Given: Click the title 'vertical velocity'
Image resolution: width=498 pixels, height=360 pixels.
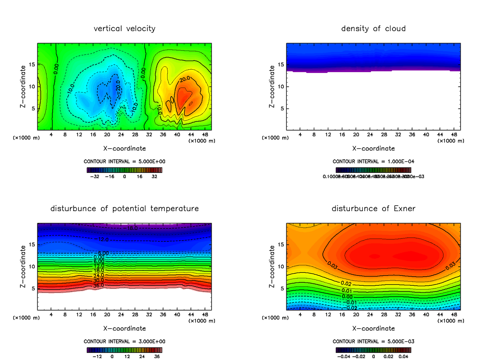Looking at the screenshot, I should [x=124, y=29].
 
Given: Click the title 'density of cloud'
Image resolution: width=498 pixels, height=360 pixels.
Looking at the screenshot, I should [x=373, y=29].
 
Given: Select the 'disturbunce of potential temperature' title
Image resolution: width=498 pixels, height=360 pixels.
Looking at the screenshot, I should [x=124, y=208].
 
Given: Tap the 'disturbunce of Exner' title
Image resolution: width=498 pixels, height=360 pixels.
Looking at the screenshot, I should [x=373, y=208].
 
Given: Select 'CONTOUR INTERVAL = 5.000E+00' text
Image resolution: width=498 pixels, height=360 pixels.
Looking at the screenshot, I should [x=124, y=161].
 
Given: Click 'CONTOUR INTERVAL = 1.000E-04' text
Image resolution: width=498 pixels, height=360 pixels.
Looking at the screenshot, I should [x=373, y=161].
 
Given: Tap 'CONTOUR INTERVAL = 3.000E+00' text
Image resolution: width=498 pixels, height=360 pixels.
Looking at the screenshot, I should [x=124, y=341].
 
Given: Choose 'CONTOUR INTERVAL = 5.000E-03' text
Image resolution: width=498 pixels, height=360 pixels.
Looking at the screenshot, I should [x=373, y=341].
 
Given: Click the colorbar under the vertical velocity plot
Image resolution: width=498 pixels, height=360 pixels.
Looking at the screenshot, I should [x=124, y=170].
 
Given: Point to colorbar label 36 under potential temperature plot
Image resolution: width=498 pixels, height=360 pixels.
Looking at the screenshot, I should [x=157, y=356].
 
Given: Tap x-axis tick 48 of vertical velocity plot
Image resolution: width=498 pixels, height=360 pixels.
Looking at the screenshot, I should [x=205, y=135].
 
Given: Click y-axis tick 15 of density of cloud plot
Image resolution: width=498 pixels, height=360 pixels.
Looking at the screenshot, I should [x=281, y=65].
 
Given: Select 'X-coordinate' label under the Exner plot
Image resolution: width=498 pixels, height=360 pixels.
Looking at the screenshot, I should [x=373, y=328].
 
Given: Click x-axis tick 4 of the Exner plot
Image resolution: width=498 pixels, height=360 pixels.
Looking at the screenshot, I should [x=300, y=314].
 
